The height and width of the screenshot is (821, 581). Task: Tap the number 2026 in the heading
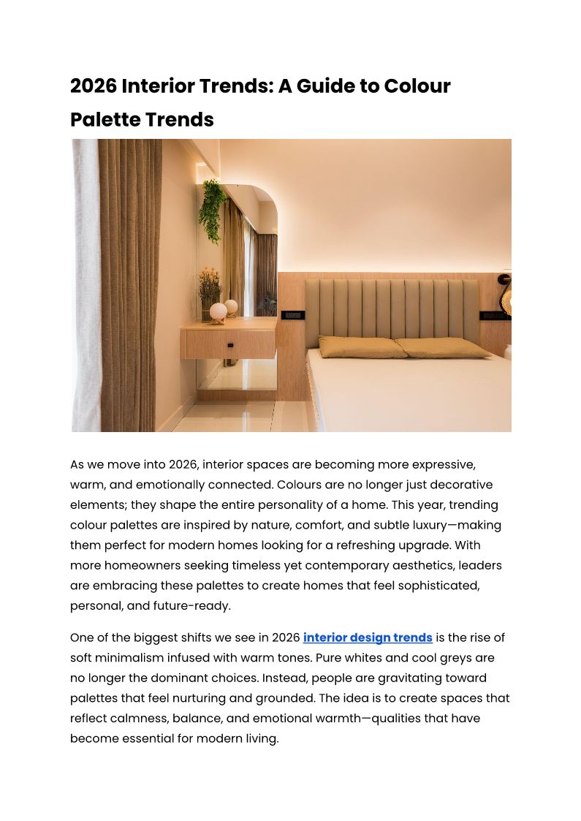(94, 86)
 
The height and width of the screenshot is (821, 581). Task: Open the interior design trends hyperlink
(368, 637)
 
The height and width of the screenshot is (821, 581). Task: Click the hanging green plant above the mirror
(213, 208)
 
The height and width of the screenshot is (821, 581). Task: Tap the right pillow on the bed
(442, 347)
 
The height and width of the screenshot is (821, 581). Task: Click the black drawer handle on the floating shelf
(229, 345)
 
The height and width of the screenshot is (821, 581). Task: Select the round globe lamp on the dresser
(218, 312)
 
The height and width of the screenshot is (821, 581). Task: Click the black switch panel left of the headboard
(292, 315)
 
